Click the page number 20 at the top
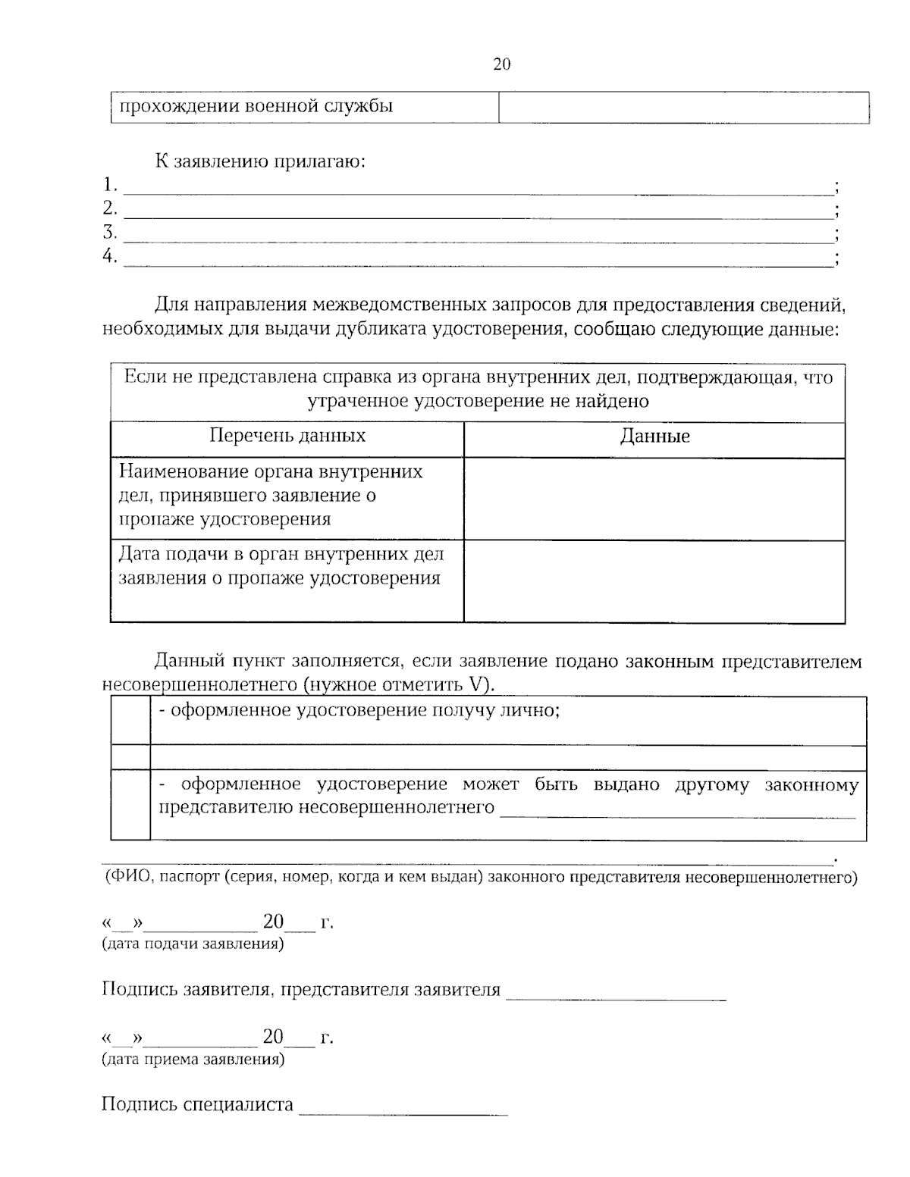click(502, 64)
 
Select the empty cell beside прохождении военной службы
click(683, 107)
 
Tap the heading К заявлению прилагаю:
click(260, 161)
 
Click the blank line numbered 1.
click(478, 186)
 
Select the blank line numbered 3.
click(478, 234)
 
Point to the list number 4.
click(110, 256)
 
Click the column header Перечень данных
click(287, 436)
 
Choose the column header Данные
click(654, 437)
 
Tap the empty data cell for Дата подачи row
click(654, 581)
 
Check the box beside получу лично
click(130, 720)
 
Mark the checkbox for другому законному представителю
click(130, 804)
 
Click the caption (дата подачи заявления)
click(193, 944)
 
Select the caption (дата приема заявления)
click(193, 1059)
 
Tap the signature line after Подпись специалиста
click(403, 1109)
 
